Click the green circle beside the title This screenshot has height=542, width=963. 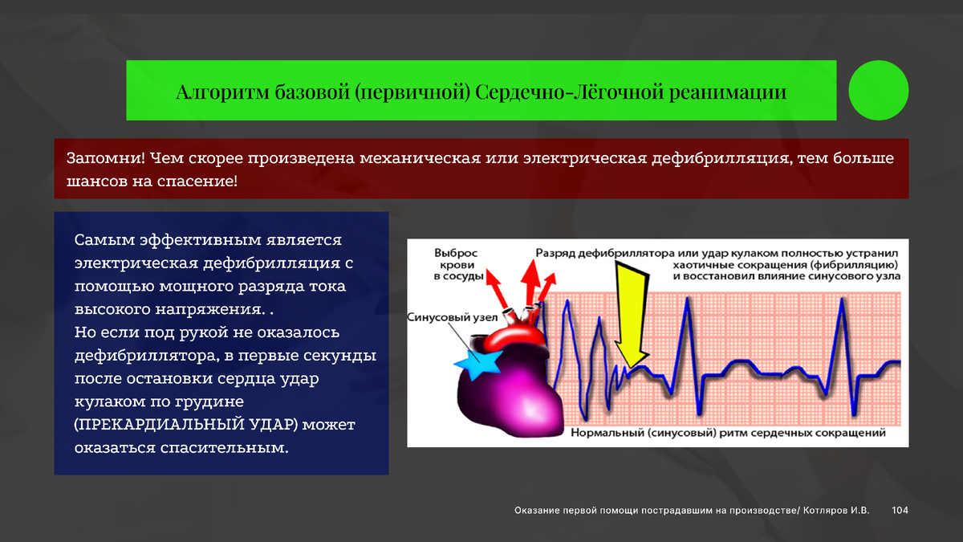click(x=878, y=90)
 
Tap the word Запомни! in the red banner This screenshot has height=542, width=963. click(x=106, y=158)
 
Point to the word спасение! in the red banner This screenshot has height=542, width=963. click(x=197, y=181)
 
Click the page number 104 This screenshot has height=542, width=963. click(x=900, y=510)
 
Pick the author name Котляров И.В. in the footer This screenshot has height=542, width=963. click(x=836, y=510)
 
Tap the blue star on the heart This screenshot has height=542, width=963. click(x=478, y=364)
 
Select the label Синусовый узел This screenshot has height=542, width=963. click(x=452, y=317)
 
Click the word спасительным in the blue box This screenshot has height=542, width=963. click(x=224, y=448)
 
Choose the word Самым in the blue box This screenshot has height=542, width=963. click(x=104, y=240)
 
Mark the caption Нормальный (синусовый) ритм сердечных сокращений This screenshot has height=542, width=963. click(x=729, y=433)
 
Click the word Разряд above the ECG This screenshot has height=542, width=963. click(x=555, y=254)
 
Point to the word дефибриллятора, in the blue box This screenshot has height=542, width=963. click(x=152, y=356)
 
